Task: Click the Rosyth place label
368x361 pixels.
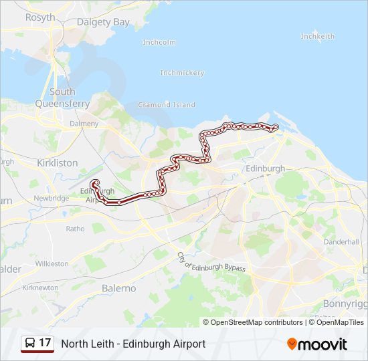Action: pyautogui.click(x=39, y=17)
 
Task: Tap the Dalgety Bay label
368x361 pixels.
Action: pyautogui.click(x=103, y=22)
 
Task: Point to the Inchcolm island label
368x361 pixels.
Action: pyautogui.click(x=159, y=42)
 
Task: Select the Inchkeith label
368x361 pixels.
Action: pyautogui.click(x=317, y=35)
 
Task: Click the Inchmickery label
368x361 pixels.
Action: pyautogui.click(x=182, y=72)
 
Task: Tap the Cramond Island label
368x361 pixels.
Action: pyautogui.click(x=166, y=104)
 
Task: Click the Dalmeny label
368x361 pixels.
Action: pyautogui.click(x=84, y=124)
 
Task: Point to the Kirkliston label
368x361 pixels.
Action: pyautogui.click(x=58, y=162)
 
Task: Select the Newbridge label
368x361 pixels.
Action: pyautogui.click(x=52, y=198)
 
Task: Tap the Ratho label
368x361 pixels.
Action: pyautogui.click(x=75, y=229)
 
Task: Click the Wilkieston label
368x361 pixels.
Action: pyautogui.click(x=52, y=263)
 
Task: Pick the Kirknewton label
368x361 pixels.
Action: pyautogui.click(x=41, y=287)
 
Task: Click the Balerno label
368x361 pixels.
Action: pyautogui.click(x=118, y=288)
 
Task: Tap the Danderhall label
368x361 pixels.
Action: pyautogui.click(x=341, y=242)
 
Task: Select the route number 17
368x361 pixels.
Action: pyautogui.click(x=45, y=343)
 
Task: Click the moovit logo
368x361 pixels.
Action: pyautogui.click(x=317, y=344)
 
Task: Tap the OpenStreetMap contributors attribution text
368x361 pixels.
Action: pyautogui.click(x=257, y=322)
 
